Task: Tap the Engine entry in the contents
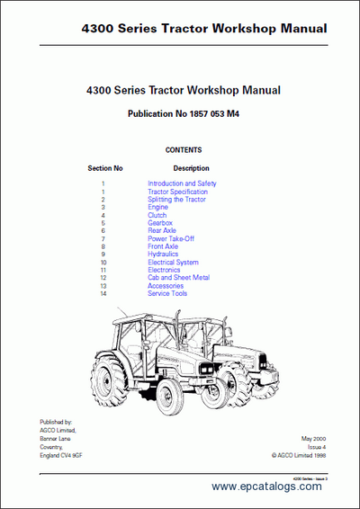[158, 208]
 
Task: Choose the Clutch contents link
[157, 216]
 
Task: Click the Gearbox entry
[160, 223]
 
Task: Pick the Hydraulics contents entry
[164, 254]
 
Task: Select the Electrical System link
[173, 263]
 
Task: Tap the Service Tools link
[167, 294]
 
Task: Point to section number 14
[103, 294]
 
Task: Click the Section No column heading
[105, 168]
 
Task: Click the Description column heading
[191, 168]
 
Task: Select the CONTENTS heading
[184, 150]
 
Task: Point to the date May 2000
[313, 438]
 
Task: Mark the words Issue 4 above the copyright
[315, 446]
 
